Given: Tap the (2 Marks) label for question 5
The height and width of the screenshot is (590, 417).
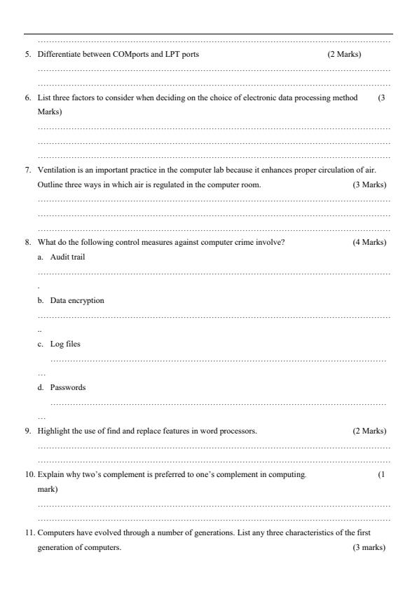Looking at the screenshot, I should pos(344,54).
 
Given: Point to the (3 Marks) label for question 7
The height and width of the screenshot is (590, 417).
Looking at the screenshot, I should pos(369,185).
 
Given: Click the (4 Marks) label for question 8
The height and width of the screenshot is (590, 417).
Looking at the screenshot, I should pos(369,242).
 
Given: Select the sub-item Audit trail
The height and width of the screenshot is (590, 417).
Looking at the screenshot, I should pos(68,257).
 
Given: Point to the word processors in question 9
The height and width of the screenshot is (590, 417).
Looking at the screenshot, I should pos(240,431).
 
